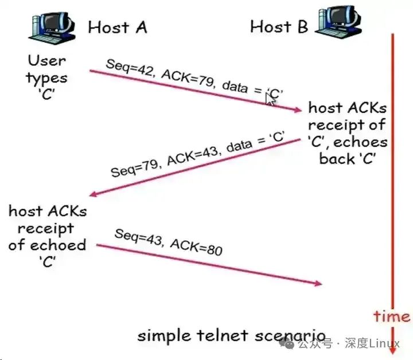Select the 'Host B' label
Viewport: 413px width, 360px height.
[279, 26]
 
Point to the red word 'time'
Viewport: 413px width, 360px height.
[392, 316]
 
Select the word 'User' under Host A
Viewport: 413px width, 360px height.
[47, 60]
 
